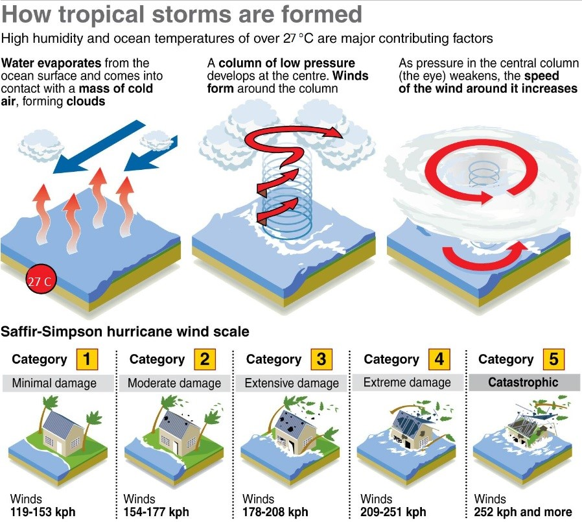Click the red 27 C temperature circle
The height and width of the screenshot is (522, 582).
point(41,279)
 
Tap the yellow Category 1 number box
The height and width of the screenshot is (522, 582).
point(87,359)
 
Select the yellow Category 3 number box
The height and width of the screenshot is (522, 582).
point(321,359)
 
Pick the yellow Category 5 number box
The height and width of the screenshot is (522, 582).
point(553,359)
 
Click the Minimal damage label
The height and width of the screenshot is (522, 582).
point(54,383)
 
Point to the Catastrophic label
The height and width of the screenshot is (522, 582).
point(523,382)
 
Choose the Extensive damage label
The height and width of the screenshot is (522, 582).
point(292,383)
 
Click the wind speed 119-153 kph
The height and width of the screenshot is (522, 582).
point(43,512)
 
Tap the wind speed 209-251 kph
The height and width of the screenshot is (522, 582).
point(393,512)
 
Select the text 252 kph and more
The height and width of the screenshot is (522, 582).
point(523,512)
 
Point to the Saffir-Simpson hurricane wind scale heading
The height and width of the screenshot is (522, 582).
point(125,331)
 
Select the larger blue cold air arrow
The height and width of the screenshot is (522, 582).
point(99,147)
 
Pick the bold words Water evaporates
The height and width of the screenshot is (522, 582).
point(51,63)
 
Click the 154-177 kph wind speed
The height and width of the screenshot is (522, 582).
point(156,512)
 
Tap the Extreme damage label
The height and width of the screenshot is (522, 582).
point(407,382)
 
